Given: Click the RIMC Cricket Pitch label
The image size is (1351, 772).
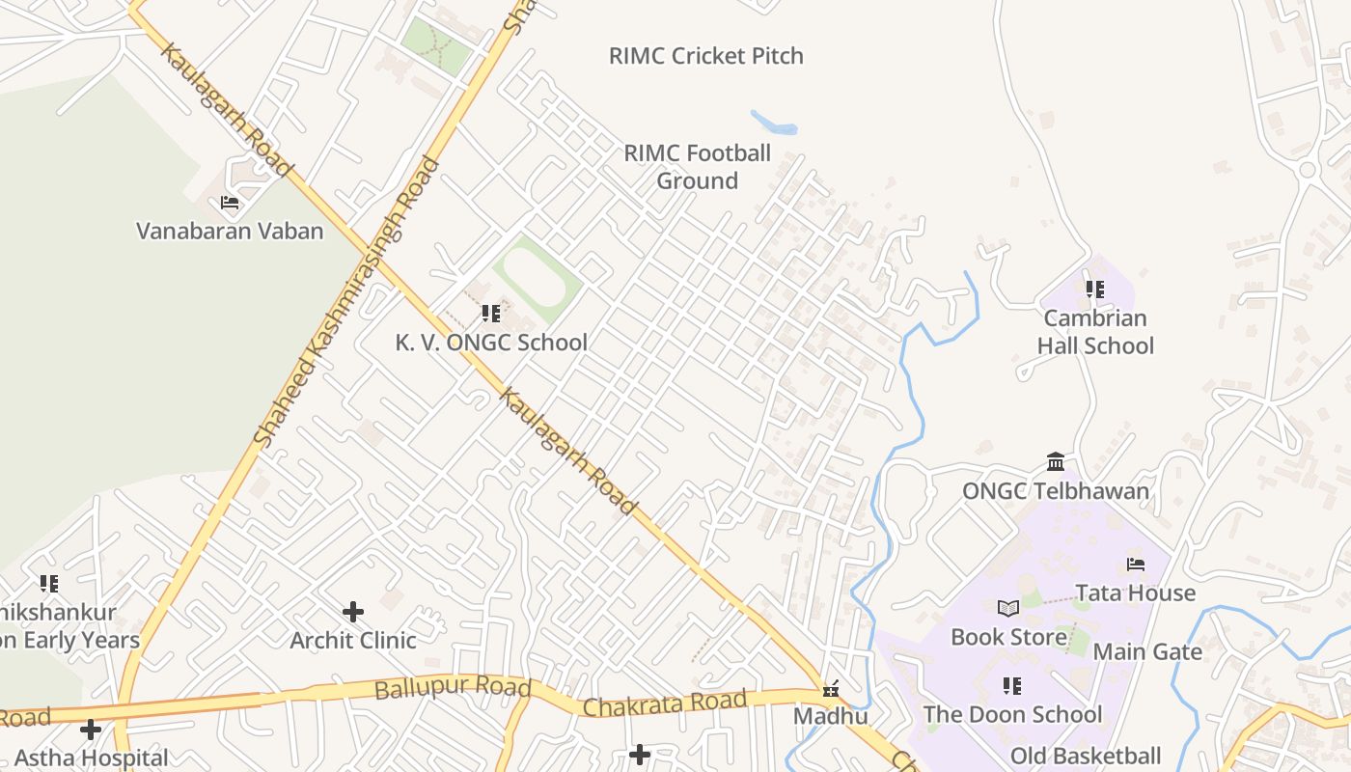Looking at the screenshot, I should [x=705, y=56].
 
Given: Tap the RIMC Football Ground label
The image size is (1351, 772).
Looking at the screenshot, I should [x=697, y=167].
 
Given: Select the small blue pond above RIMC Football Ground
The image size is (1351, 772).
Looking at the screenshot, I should [x=775, y=124].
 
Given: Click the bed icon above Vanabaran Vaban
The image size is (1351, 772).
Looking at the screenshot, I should [x=230, y=203].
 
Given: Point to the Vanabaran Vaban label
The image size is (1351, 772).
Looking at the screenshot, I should [x=230, y=231].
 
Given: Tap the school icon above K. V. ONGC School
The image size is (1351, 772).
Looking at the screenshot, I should [x=490, y=314].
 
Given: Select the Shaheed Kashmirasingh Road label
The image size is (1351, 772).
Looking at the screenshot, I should [x=346, y=301].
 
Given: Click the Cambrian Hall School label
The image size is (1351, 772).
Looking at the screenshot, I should [x=1095, y=331].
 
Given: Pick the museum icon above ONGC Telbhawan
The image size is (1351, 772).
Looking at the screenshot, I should [x=1056, y=462].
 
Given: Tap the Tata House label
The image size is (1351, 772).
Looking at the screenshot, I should [x=1135, y=593].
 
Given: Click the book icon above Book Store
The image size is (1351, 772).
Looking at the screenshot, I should [x=1008, y=608].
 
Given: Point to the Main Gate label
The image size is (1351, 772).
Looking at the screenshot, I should [x=1147, y=651].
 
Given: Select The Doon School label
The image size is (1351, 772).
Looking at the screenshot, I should [x=1012, y=714].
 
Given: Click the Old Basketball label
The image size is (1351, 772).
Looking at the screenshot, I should [x=1086, y=756].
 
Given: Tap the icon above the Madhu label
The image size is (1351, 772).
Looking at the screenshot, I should [x=830, y=689].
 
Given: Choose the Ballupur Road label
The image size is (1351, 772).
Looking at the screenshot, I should [x=453, y=688].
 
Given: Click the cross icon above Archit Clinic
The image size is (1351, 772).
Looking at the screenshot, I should [x=353, y=611].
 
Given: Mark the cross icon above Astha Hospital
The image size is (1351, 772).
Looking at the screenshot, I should [x=91, y=730].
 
